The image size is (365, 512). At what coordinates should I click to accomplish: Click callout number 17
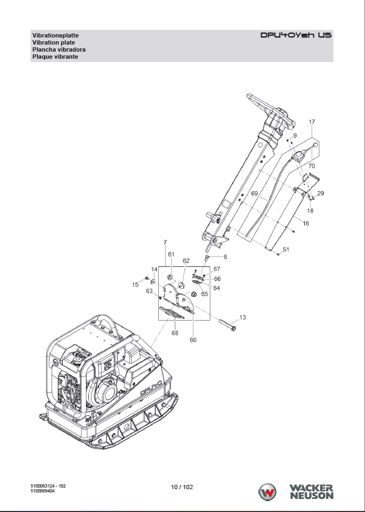[312, 122]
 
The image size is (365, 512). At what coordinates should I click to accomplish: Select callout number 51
[286, 249]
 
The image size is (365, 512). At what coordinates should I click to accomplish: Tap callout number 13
[243, 317]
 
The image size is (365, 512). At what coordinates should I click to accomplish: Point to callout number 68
[175, 333]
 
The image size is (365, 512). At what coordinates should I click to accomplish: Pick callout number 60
[193, 340]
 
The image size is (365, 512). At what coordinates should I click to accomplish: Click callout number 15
[135, 285]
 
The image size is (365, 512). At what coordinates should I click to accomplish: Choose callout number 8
[225, 257]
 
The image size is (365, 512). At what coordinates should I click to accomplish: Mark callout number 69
[254, 193]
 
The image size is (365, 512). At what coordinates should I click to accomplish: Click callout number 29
[320, 193]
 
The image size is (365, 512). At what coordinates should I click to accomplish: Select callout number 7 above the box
[165, 242]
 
